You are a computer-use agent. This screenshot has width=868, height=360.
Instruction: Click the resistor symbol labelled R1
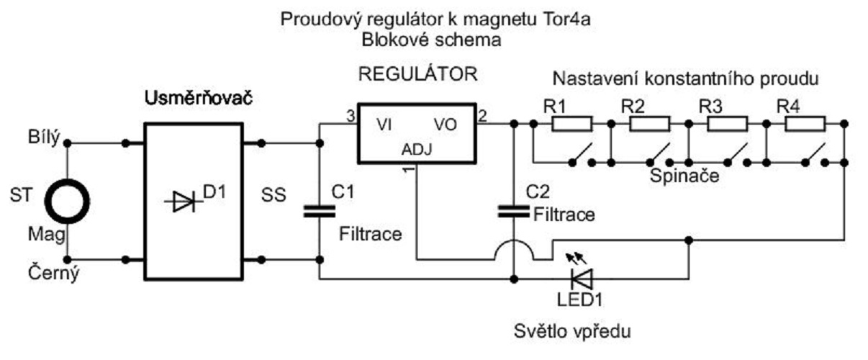click(572, 123)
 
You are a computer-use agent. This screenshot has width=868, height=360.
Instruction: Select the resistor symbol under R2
click(650, 123)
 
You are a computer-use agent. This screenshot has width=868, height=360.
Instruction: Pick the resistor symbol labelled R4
click(805, 123)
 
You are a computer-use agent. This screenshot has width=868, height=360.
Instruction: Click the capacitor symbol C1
click(319, 211)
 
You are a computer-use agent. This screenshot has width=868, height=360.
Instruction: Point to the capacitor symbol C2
click(514, 211)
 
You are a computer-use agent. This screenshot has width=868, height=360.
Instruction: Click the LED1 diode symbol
click(579, 276)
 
